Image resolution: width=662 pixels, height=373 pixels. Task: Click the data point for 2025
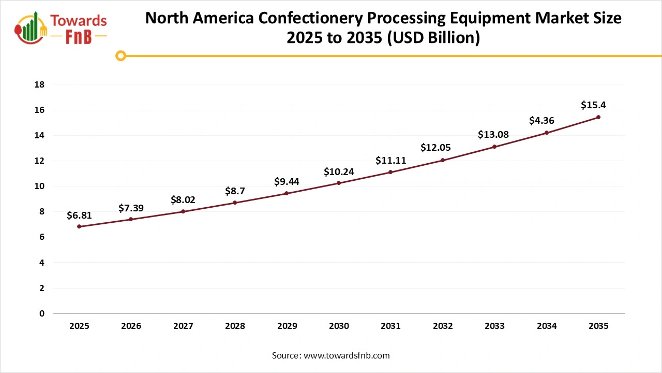point(79,226)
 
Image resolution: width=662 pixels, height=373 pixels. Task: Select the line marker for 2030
point(339,183)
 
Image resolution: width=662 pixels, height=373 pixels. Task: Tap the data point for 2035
point(598,117)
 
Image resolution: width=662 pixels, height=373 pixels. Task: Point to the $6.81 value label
point(79,216)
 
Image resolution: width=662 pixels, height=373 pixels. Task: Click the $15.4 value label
point(593,105)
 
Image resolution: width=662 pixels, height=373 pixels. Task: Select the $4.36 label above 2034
point(541,121)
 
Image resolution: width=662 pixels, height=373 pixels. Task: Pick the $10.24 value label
point(339,172)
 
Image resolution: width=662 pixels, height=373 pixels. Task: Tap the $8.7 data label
point(235,191)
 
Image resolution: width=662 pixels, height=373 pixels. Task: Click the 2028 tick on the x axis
point(235,326)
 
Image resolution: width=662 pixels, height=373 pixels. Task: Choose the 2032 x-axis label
point(443,326)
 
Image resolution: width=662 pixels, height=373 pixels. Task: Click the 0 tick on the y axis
point(41,313)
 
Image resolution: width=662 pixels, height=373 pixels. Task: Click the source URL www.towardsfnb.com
point(347,355)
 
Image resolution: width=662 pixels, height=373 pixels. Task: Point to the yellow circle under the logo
point(121,55)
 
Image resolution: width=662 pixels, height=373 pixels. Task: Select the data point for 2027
point(183,211)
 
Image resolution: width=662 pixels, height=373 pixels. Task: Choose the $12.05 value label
point(436,147)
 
